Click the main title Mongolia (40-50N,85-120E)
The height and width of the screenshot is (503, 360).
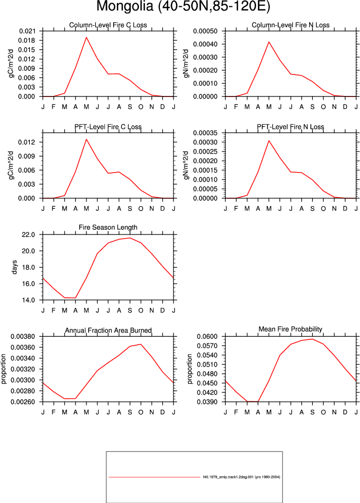pos(183,6)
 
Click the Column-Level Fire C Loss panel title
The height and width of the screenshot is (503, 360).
pos(108,25)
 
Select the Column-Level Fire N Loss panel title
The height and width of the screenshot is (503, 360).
pos(290,25)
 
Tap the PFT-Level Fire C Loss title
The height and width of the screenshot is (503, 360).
pos(108,127)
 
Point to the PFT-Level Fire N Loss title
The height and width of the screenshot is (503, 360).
pos(290,127)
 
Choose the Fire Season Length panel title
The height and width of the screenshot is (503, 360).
pos(108,227)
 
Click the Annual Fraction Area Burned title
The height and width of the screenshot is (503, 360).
pos(108,330)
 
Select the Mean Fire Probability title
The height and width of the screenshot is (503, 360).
pos(290,329)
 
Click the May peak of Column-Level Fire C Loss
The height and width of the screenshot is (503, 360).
pos(86,37)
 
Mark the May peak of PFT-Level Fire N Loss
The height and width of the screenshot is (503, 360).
pos(269,141)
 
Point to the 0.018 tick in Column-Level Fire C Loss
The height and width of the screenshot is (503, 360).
pos(27,40)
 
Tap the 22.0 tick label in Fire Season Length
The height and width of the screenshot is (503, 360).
pos(28,235)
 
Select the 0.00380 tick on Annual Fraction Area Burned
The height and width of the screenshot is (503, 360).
pos(23,337)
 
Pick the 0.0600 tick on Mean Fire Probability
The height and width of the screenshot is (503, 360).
pos(207,337)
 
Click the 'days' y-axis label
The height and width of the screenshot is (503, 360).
pos(15,267)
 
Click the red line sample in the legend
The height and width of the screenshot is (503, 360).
pos(154,477)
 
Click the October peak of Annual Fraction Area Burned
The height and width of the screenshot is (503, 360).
pos(141,344)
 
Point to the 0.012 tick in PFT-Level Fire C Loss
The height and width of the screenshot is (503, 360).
pos(27,142)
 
